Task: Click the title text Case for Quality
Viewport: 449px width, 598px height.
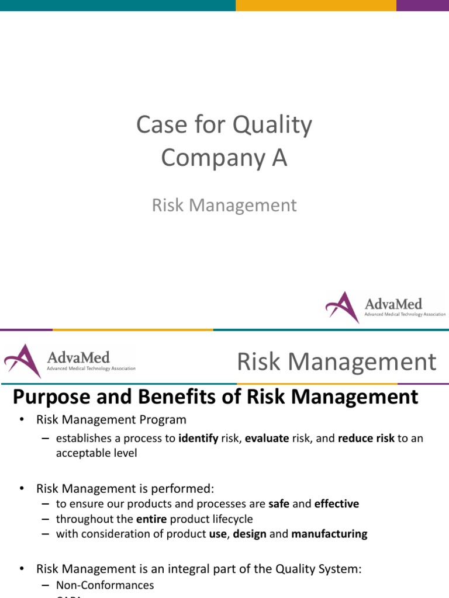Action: pyautogui.click(x=224, y=125)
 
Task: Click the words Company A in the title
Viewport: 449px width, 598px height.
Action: pyautogui.click(x=224, y=158)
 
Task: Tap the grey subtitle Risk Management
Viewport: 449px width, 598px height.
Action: pyautogui.click(x=224, y=205)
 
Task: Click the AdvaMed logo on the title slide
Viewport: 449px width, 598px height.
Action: pyautogui.click(x=385, y=307)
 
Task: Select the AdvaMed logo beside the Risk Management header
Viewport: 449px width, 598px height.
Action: pyautogui.click(x=70, y=361)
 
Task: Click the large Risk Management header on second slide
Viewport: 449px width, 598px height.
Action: pyautogui.click(x=336, y=361)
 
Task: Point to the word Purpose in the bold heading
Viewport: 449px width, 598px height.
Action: pyautogui.click(x=51, y=398)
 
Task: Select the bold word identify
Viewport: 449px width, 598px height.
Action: pyautogui.click(x=198, y=439)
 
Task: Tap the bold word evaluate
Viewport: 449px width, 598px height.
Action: pyautogui.click(x=267, y=439)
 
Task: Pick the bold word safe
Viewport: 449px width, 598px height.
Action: pyautogui.click(x=278, y=503)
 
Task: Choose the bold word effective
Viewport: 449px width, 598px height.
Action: pyautogui.click(x=336, y=503)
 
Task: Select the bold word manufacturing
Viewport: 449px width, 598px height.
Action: pyautogui.click(x=329, y=534)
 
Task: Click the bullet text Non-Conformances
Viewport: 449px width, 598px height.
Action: pyautogui.click(x=105, y=585)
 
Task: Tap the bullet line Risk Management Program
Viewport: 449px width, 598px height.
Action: pyautogui.click(x=111, y=419)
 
